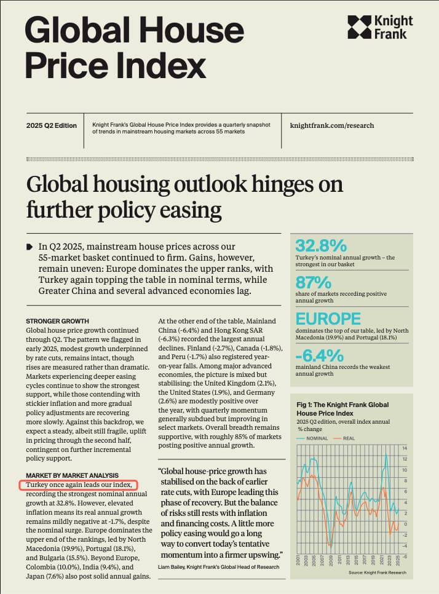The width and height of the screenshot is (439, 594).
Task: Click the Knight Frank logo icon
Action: coord(358,27)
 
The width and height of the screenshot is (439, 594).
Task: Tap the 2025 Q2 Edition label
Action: coord(52,125)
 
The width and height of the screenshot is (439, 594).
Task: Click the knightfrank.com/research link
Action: coord(331,125)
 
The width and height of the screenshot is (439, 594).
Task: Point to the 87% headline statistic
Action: coord(314,282)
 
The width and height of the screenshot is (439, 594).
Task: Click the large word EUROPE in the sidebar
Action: coord(328,319)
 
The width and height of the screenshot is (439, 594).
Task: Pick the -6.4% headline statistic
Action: coord(319,355)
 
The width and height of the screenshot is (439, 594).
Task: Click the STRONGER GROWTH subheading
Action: coord(57,321)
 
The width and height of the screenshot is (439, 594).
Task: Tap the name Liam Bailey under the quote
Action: coord(176,565)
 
